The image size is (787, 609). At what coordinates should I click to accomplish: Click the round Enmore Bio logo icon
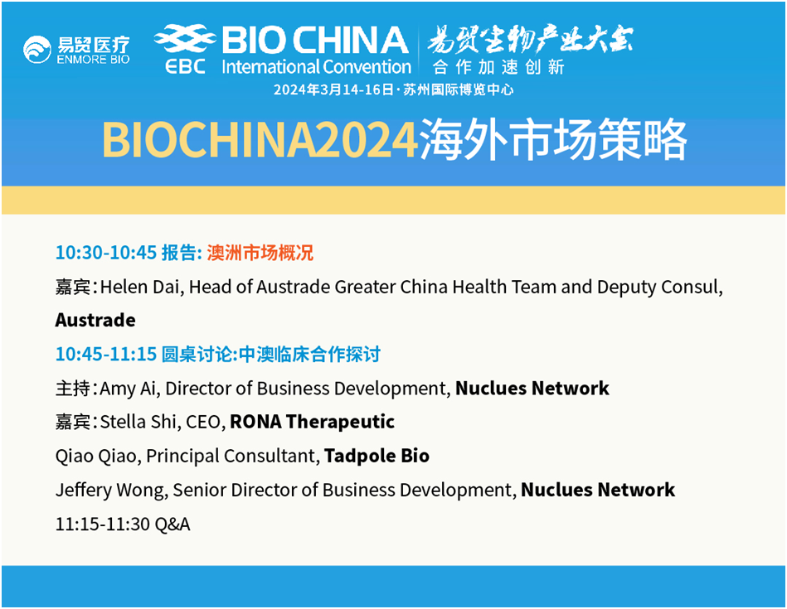tap(37, 50)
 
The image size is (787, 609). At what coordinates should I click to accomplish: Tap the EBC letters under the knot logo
tap(185, 66)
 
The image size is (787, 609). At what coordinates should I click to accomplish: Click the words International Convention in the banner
tap(316, 67)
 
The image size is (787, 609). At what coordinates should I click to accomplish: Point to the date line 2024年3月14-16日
tap(334, 89)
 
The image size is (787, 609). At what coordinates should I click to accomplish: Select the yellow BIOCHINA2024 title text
tap(260, 139)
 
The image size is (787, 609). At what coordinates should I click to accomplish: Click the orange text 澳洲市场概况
tap(260, 253)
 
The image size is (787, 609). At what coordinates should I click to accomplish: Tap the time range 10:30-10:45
tap(106, 253)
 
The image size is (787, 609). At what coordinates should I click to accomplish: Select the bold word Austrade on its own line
tap(95, 320)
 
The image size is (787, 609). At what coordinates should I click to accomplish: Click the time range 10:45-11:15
tap(106, 354)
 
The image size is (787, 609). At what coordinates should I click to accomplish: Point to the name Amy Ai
tap(129, 389)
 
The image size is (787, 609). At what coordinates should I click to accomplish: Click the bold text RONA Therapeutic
tap(312, 422)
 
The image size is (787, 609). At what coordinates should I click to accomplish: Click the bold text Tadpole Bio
tap(377, 456)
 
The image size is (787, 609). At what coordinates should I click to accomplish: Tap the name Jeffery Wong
tap(111, 491)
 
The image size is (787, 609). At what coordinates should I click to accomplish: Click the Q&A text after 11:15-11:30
tap(172, 524)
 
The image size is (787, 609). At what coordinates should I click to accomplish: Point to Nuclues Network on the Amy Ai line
tap(532, 389)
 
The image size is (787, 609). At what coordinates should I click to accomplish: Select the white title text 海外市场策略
tap(552, 139)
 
